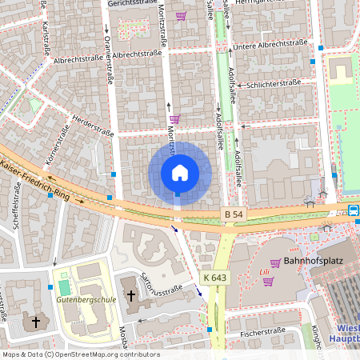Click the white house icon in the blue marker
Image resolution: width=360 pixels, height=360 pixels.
coord(180,172)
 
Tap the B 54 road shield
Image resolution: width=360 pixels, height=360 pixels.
coord(232,215)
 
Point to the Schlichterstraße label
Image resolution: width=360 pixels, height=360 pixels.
coord(274,83)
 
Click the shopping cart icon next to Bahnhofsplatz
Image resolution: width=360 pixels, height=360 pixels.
coord(275,262)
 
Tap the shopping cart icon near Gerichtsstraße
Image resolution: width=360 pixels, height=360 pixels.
coord(182,15)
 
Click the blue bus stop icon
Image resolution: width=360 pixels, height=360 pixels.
coord(353,210)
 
